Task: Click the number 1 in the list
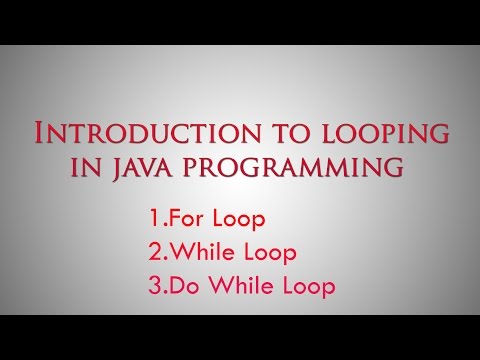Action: pos(152,217)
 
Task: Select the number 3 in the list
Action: pos(153,285)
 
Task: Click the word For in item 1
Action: pos(184,217)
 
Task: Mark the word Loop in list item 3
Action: pos(303,285)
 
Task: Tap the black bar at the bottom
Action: pos(240,337)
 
